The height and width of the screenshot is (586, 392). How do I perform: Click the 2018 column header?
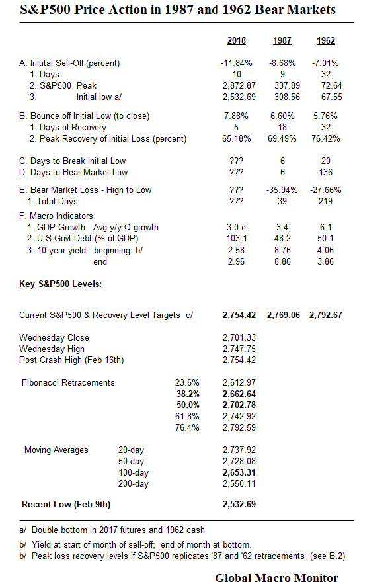(236, 40)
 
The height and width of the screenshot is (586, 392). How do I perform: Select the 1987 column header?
(282, 40)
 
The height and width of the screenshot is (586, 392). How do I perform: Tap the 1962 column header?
(325, 40)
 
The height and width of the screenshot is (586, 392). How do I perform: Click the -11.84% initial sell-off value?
(236, 63)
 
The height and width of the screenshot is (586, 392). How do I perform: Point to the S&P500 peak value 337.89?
(282, 86)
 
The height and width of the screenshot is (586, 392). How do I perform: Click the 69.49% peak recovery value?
(282, 139)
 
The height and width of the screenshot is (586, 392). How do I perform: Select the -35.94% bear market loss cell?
(282, 190)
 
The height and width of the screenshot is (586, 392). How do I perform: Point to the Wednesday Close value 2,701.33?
(239, 338)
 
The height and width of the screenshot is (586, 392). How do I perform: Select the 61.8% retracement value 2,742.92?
(239, 416)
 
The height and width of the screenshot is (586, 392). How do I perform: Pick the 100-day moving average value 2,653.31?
(239, 472)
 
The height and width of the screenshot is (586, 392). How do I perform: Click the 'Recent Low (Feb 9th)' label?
(66, 504)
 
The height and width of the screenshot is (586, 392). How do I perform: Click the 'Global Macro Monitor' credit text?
(276, 577)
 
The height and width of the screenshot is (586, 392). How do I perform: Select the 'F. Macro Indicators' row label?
(56, 216)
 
